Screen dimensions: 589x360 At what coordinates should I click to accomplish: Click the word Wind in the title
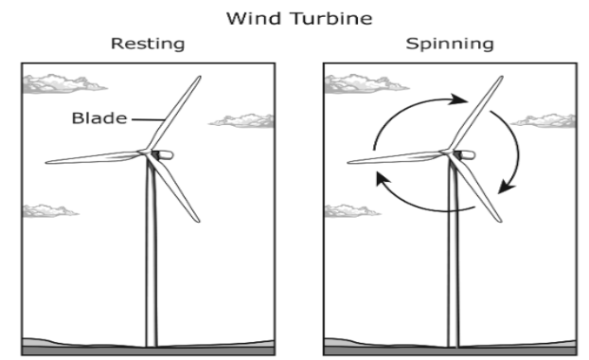coord(254,18)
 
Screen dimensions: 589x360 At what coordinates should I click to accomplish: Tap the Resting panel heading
coord(148,44)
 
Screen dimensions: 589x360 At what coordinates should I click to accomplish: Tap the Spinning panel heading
coord(450,44)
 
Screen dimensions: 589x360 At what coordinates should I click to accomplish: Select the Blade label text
coord(99,118)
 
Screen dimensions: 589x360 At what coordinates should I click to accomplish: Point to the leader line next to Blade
coord(148,119)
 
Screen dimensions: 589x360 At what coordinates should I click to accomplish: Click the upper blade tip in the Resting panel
coord(200,78)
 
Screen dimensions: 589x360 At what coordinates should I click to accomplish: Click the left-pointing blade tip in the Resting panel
coord(47,162)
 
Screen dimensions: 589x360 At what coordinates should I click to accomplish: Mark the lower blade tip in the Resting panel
coord(198,221)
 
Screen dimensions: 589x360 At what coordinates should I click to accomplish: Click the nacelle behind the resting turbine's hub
coord(164,154)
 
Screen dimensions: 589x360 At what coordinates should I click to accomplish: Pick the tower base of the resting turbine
coord(151,345)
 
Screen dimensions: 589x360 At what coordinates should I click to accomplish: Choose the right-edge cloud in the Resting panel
coord(242,121)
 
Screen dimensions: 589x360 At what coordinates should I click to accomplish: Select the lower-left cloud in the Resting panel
coord(49,211)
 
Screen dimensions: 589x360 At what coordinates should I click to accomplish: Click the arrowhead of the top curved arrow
coord(459,99)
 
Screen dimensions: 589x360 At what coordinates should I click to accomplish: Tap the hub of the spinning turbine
coord(447,152)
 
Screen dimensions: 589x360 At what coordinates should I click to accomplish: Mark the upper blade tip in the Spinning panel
coord(502,78)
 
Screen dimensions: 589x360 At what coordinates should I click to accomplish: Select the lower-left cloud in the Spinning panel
coord(351,211)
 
